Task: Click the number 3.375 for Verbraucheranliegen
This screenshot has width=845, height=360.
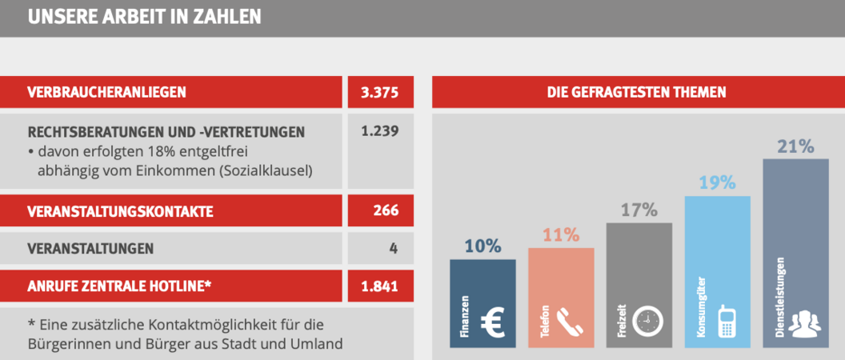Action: click(379, 92)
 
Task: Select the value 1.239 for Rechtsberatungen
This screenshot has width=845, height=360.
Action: click(379, 131)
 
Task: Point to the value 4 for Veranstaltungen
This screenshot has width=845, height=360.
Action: click(393, 249)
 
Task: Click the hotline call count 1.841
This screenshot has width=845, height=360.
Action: click(379, 286)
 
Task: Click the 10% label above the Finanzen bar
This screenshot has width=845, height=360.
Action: click(483, 246)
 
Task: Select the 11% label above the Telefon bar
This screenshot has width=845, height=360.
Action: click(560, 235)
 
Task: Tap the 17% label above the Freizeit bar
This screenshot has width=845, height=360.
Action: click(639, 210)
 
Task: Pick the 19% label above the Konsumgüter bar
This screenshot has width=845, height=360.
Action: click(717, 182)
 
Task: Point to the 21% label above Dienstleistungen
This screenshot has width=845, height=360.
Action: click(795, 146)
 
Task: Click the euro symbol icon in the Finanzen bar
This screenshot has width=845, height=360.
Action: click(495, 323)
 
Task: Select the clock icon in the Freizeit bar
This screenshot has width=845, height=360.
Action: click(649, 322)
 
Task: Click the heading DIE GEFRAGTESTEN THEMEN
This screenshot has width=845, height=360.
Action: click(636, 92)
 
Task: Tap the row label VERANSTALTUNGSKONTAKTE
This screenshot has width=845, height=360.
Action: click(120, 212)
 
